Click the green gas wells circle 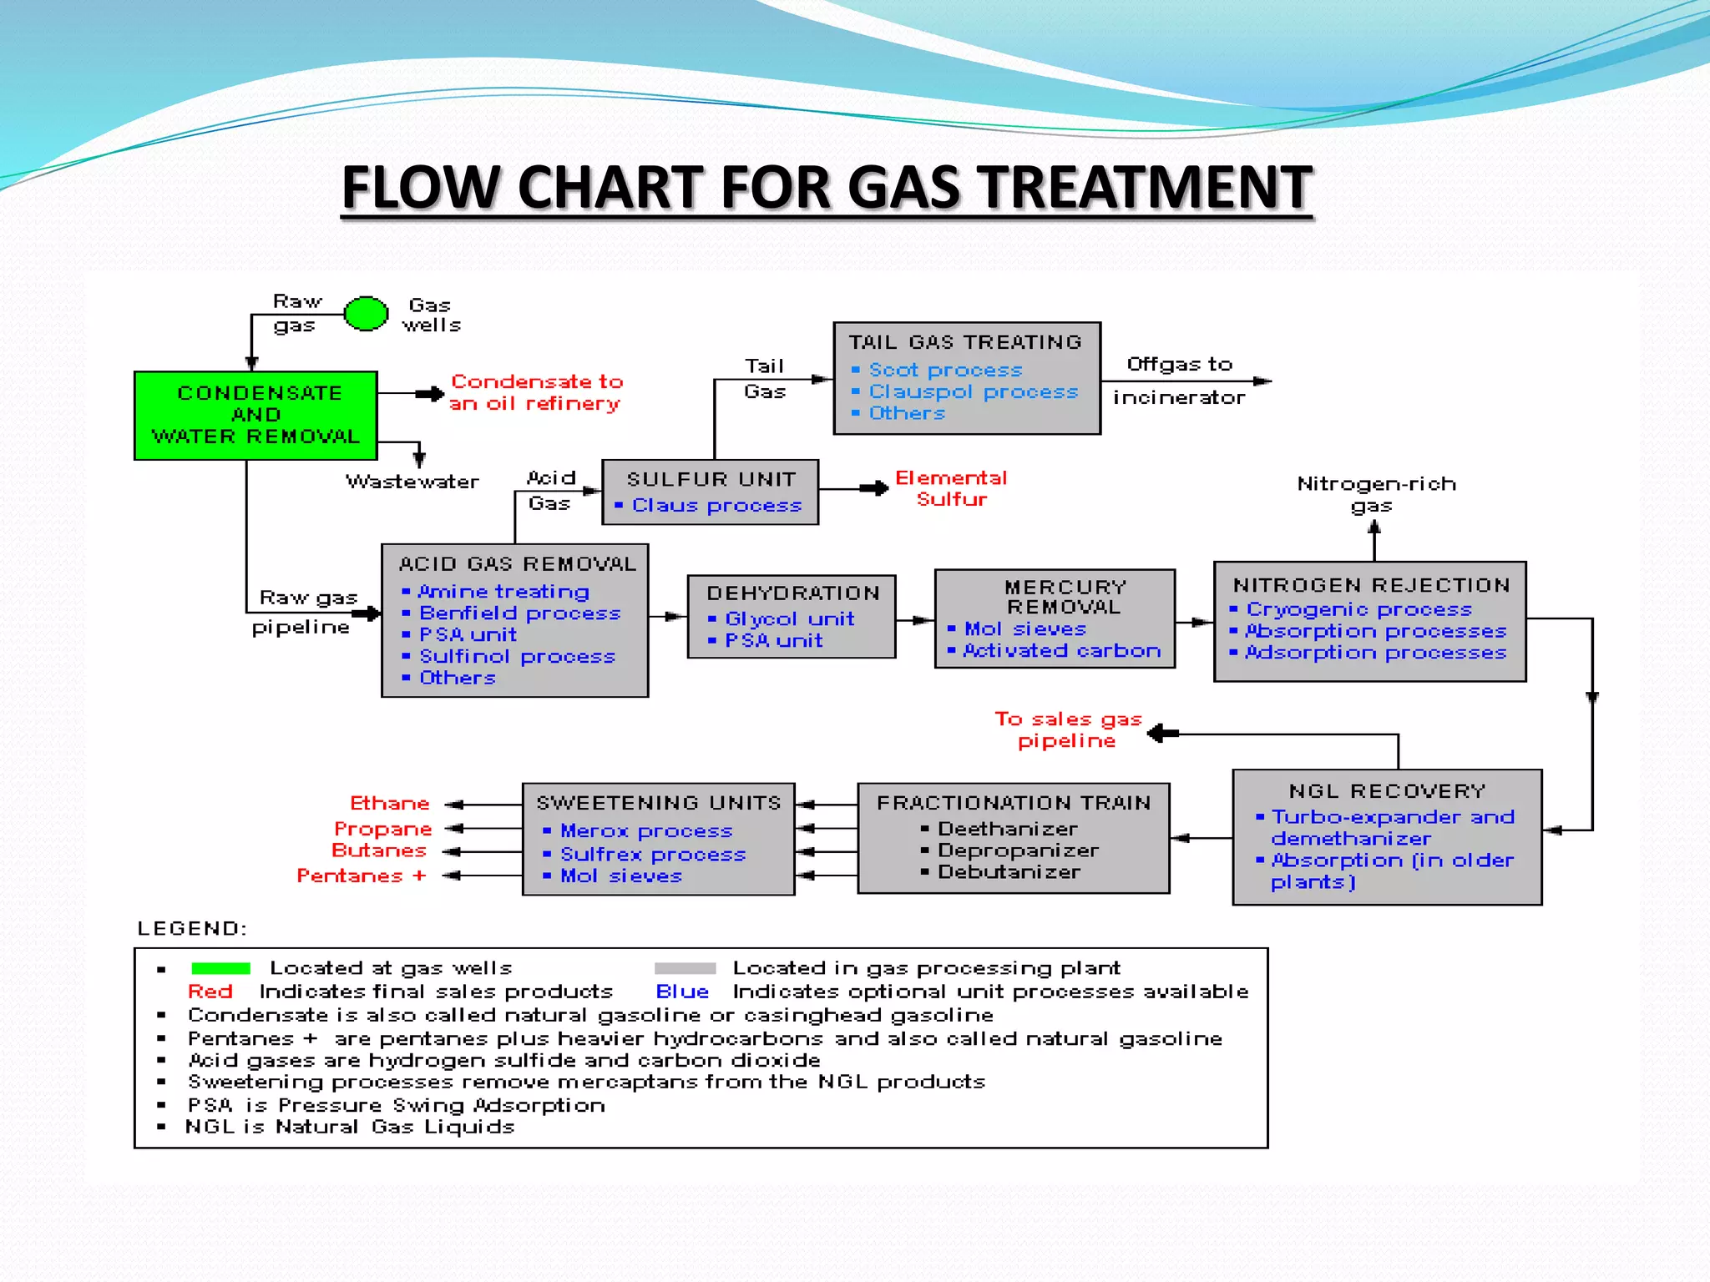pyautogui.click(x=366, y=314)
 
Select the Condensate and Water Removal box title pyautogui.click(x=257, y=415)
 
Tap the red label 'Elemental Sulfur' pyautogui.click(x=951, y=488)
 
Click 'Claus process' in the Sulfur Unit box pyautogui.click(x=716, y=506)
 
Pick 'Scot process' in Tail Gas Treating pyautogui.click(x=945, y=370)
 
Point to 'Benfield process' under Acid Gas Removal pyautogui.click(x=519, y=613)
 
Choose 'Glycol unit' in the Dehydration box pyautogui.click(x=789, y=619)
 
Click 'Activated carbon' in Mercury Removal pyautogui.click(x=1061, y=651)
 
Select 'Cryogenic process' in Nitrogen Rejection pyautogui.click(x=1358, y=610)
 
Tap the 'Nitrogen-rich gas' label pyautogui.click(x=1375, y=494)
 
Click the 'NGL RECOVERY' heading pyautogui.click(x=1387, y=791)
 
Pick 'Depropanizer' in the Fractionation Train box pyautogui.click(x=1018, y=850)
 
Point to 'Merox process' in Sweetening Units pyautogui.click(x=645, y=831)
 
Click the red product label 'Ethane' pyautogui.click(x=389, y=804)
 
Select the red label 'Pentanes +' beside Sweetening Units pyautogui.click(x=362, y=876)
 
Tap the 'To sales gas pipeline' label pyautogui.click(x=1067, y=729)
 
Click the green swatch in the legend pyautogui.click(x=220, y=968)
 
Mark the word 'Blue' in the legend pyautogui.click(x=681, y=992)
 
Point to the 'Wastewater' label pyautogui.click(x=412, y=482)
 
